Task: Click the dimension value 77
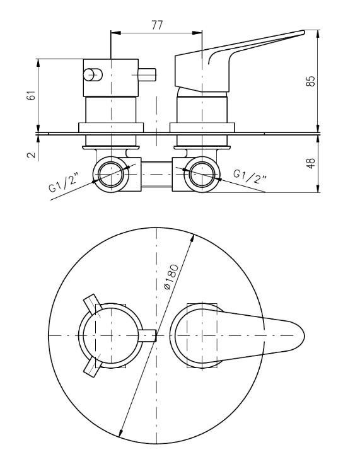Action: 156,25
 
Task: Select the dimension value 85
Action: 311,81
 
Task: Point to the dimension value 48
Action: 311,163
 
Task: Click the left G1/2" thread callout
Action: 65,183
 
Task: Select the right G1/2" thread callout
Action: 250,177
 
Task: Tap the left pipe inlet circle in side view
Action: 111,175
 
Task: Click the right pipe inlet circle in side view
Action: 202,175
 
